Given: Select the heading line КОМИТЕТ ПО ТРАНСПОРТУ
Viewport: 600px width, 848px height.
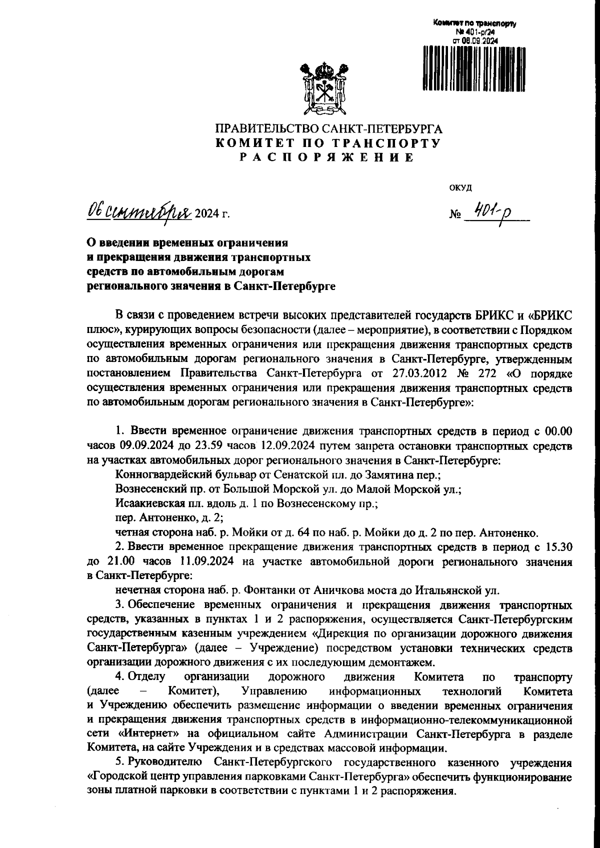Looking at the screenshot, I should click(327, 143).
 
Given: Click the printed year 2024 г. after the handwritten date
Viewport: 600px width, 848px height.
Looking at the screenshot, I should click(212, 215).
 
